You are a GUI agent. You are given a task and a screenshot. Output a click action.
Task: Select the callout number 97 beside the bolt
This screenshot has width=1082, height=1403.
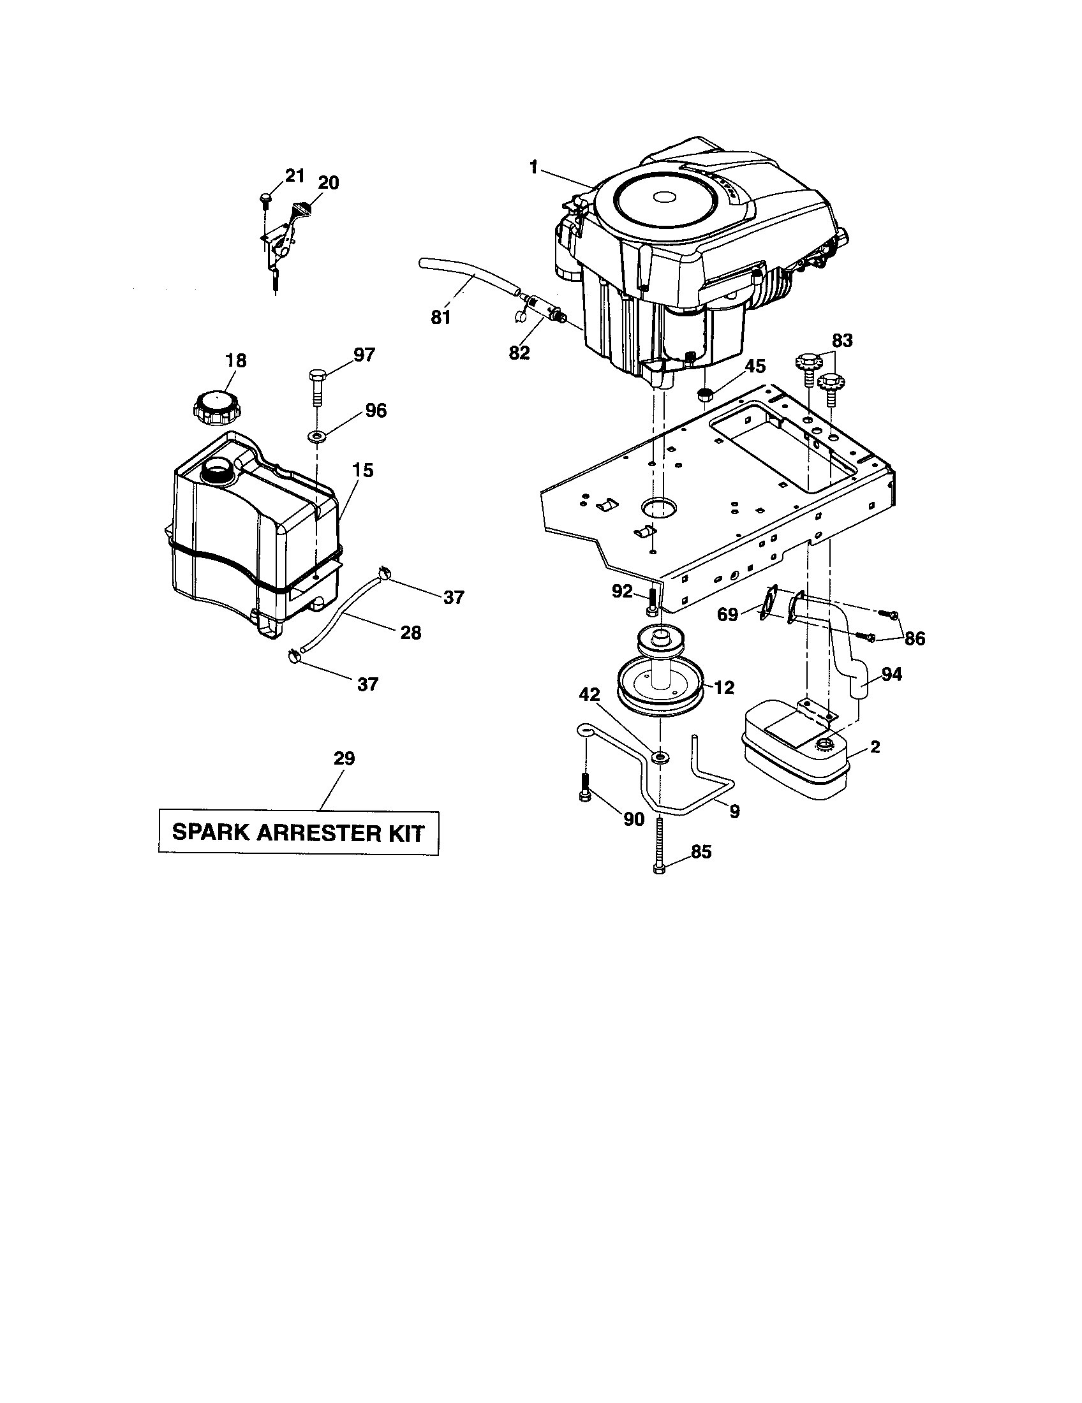[x=364, y=355]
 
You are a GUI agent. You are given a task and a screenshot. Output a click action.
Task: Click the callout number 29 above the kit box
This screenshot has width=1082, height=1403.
[x=344, y=758]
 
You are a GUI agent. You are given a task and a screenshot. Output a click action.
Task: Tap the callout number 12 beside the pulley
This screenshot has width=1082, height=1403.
[x=724, y=687]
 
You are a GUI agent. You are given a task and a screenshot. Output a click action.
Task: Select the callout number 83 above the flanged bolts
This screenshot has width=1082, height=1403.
[x=842, y=341]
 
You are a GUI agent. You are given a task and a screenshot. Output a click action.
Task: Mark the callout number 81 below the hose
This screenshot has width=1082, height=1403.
[x=441, y=318]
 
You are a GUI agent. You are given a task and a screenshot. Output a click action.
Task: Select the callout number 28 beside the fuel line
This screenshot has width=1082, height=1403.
[x=411, y=633]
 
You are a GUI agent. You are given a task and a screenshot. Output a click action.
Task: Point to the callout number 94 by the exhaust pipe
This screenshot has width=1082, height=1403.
[x=892, y=674]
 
